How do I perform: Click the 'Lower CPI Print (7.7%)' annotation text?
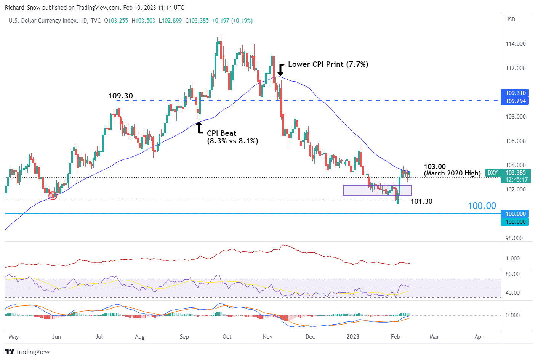[x=328, y=64]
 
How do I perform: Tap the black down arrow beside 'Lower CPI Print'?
[x=281, y=69]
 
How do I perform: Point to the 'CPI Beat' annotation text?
[x=221, y=133]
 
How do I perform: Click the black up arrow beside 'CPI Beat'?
[x=199, y=128]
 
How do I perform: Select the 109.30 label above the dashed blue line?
[x=120, y=96]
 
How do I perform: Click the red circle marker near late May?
[x=53, y=196]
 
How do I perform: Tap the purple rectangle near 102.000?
[x=377, y=190]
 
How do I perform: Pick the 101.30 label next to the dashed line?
[x=421, y=201]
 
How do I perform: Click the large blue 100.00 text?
[x=482, y=206]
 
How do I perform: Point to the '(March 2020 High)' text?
[x=452, y=174]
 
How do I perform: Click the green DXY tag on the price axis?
[x=493, y=173]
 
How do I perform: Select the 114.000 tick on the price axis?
[x=515, y=44]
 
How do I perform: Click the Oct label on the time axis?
[x=227, y=337]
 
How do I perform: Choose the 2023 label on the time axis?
[x=353, y=337]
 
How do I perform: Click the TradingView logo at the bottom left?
[x=27, y=352]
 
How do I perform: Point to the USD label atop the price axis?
[x=510, y=19]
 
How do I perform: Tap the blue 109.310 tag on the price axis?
[x=515, y=93]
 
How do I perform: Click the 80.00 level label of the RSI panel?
[x=512, y=274]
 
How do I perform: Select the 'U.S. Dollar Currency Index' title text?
[x=43, y=21]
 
